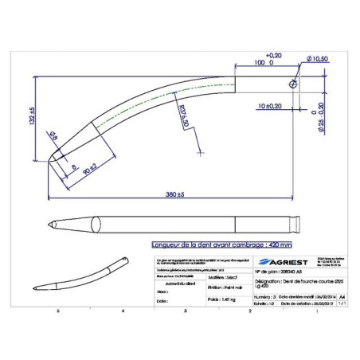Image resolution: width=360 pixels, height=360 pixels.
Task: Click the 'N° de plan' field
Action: pos(279,272)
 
